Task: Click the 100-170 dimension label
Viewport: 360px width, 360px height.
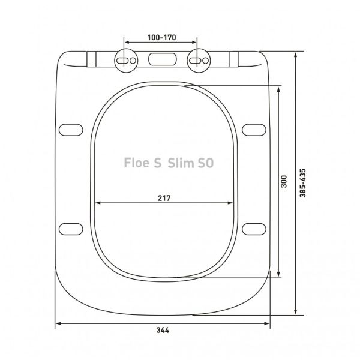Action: [160, 37]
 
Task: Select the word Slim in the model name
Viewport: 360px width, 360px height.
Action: [181, 162]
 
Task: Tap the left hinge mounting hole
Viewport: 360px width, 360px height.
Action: [124, 61]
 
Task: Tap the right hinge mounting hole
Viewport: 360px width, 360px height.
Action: [197, 61]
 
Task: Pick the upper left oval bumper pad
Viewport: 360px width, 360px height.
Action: [71, 129]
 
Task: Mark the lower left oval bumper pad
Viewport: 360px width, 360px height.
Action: [71, 227]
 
